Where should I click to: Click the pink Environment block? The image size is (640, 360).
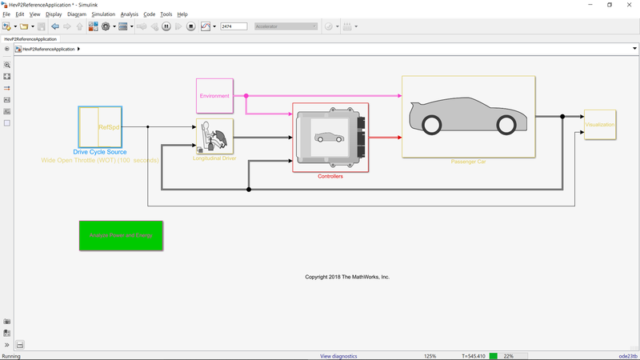pyautogui.click(x=214, y=96)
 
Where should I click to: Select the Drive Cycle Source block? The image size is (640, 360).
pyautogui.click(x=100, y=126)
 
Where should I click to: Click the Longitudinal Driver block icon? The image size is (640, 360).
pyautogui.click(x=214, y=136)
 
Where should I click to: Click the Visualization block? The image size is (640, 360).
pyautogui.click(x=599, y=125)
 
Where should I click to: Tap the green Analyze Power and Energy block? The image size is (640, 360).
pyautogui.click(x=121, y=236)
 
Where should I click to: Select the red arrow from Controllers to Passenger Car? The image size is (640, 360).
pyautogui.click(x=386, y=137)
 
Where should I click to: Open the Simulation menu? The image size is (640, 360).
pyautogui.click(x=102, y=14)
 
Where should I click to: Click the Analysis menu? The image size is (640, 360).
pyautogui.click(x=130, y=14)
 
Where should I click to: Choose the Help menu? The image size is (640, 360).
pyautogui.click(x=182, y=14)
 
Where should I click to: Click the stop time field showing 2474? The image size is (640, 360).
pyautogui.click(x=233, y=26)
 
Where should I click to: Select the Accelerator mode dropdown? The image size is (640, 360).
pyautogui.click(x=286, y=26)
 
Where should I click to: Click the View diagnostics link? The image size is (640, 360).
pyautogui.click(x=338, y=356)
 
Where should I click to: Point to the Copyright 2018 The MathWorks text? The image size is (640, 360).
pyautogui.click(x=347, y=277)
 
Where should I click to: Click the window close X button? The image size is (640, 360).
pyautogui.click(x=629, y=5)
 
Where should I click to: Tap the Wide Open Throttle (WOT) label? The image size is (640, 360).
pyautogui.click(x=100, y=161)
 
